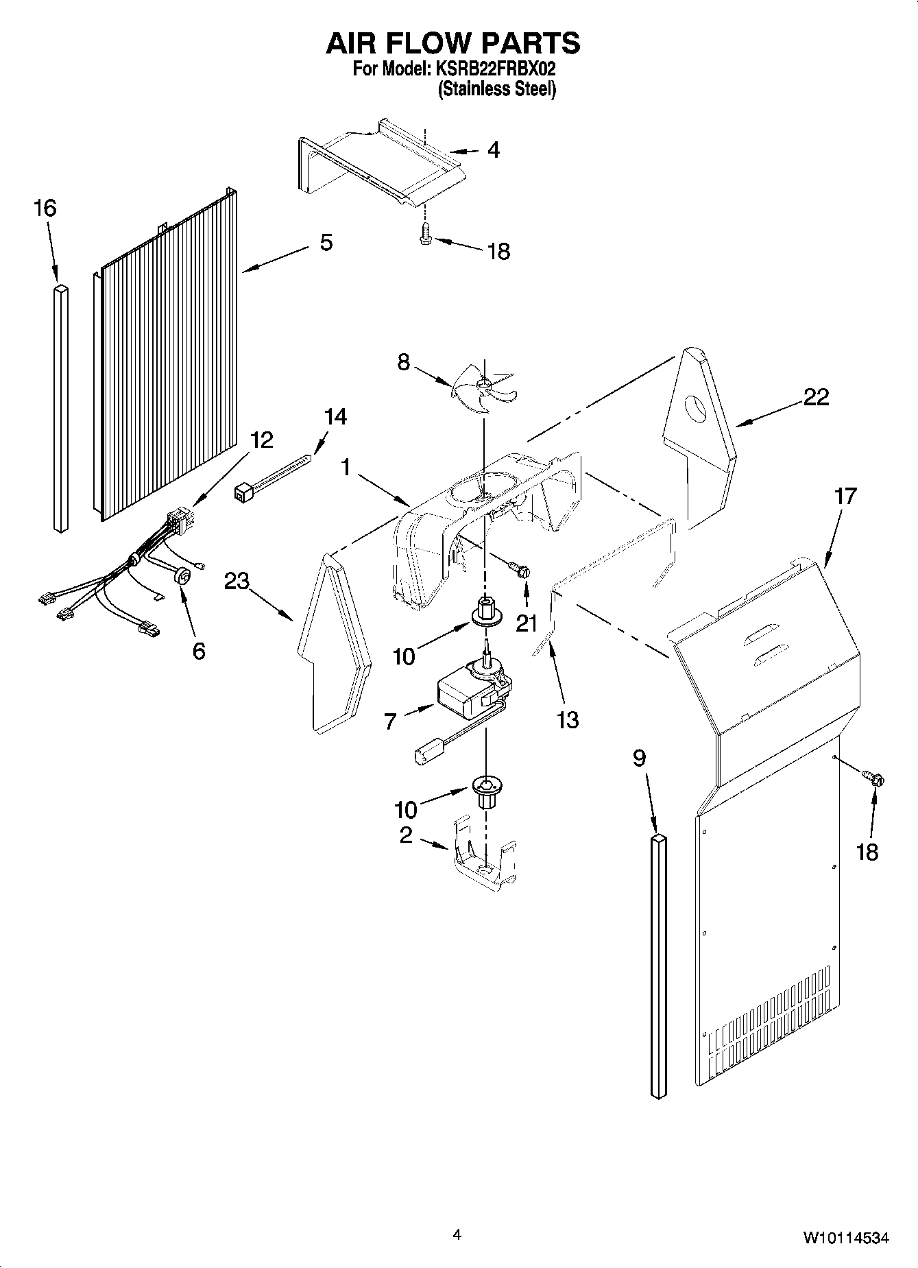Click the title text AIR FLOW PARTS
[x=452, y=43]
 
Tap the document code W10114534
[x=846, y=1238]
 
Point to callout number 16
[x=45, y=208]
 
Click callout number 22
[x=816, y=397]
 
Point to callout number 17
[x=845, y=495]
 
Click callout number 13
[x=568, y=719]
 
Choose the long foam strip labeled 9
[x=657, y=967]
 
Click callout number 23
[x=237, y=582]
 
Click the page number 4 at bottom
[x=457, y=1235]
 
